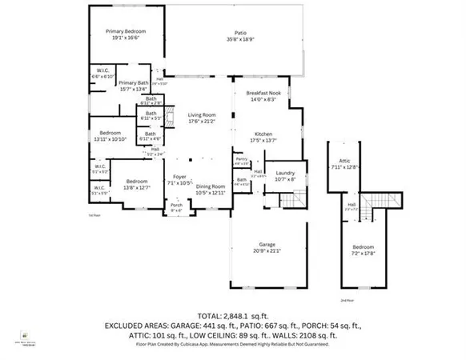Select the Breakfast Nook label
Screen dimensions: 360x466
(x=267, y=94)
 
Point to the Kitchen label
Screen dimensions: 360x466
(x=265, y=133)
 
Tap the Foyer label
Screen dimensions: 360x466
(x=179, y=178)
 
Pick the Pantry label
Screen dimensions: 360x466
(x=240, y=160)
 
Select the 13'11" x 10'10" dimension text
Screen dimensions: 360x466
(x=110, y=138)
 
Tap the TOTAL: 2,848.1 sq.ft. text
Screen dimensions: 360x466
(x=233, y=316)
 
